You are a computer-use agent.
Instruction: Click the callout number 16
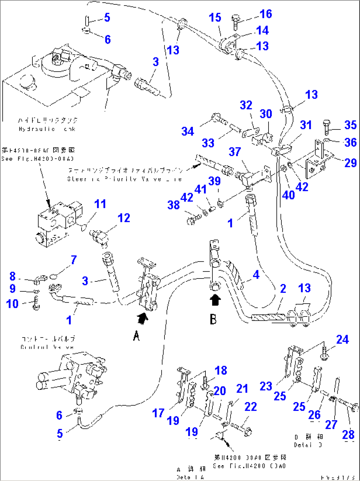pos(266,14)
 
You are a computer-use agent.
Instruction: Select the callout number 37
pos(235,152)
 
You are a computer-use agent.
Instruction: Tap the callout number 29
pos(350,163)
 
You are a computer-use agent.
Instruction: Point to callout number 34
pos(188,131)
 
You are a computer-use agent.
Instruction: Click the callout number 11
pos(100,204)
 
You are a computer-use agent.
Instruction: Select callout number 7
pos(73,260)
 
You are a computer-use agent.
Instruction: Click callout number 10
pos(13,303)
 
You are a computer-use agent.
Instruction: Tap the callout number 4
pos(256,275)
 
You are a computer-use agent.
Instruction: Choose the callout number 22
pos(250,406)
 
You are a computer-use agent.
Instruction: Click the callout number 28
pos(348,434)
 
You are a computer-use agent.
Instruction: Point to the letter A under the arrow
pos(136,336)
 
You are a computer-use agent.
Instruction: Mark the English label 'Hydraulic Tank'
pos(47,129)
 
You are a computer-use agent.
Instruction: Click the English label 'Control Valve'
pos(47,347)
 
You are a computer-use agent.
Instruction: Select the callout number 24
pos(342,339)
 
